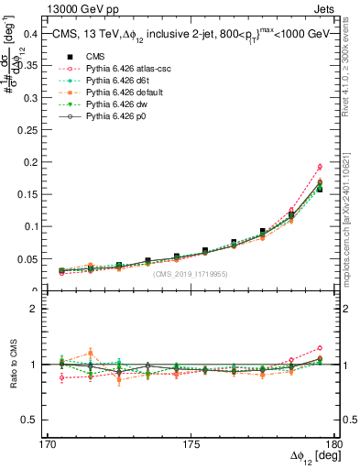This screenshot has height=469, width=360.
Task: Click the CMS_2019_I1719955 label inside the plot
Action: point(191,274)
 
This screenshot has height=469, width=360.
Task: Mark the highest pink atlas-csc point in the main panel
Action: point(320,167)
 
